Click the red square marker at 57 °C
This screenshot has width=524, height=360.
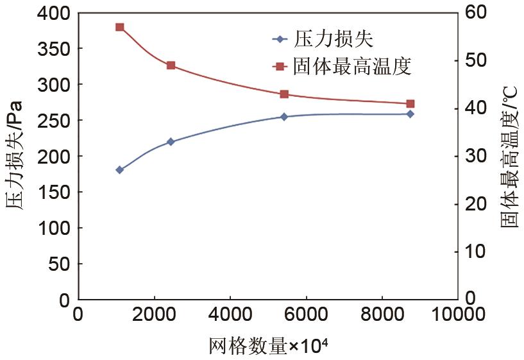pyautogui.click(x=119, y=27)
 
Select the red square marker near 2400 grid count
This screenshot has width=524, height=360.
pyautogui.click(x=171, y=65)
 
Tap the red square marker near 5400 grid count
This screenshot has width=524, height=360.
pyautogui.click(x=284, y=94)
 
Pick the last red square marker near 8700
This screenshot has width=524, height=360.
pyautogui.click(x=410, y=103)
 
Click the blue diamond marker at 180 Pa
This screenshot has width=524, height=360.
pyautogui.click(x=119, y=169)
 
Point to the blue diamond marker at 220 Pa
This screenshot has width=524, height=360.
pyautogui.click(x=171, y=141)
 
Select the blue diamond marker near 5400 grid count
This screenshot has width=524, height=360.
pyautogui.click(x=284, y=117)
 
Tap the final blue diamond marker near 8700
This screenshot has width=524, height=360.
pyautogui.click(x=410, y=114)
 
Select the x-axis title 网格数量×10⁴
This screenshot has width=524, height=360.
pyautogui.click(x=268, y=345)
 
